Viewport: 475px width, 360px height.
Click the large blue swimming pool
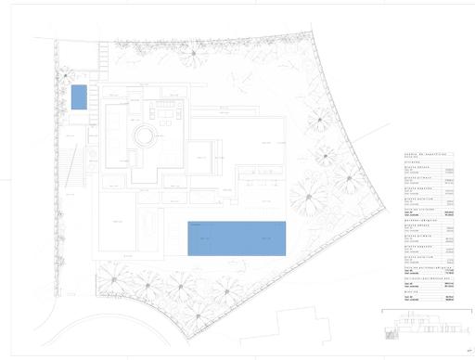pos(236,238)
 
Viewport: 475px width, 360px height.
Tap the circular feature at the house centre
pos(144,137)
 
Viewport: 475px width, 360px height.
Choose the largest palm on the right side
pos(308,196)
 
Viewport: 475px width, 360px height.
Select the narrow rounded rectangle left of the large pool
pos(148,223)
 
